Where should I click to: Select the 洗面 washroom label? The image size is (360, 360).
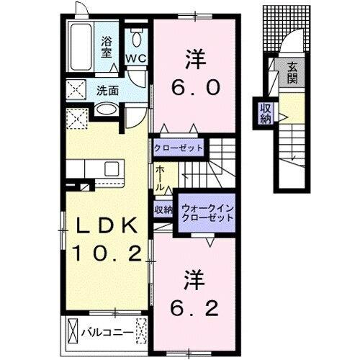pos(108,91)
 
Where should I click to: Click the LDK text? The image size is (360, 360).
pos(102,225)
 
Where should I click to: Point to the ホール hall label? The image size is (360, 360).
pos(159,176)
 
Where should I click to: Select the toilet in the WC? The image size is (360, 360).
pos(135,38)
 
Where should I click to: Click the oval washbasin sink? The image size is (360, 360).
pos(107,111)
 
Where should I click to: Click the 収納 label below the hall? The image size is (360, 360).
pos(163,210)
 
